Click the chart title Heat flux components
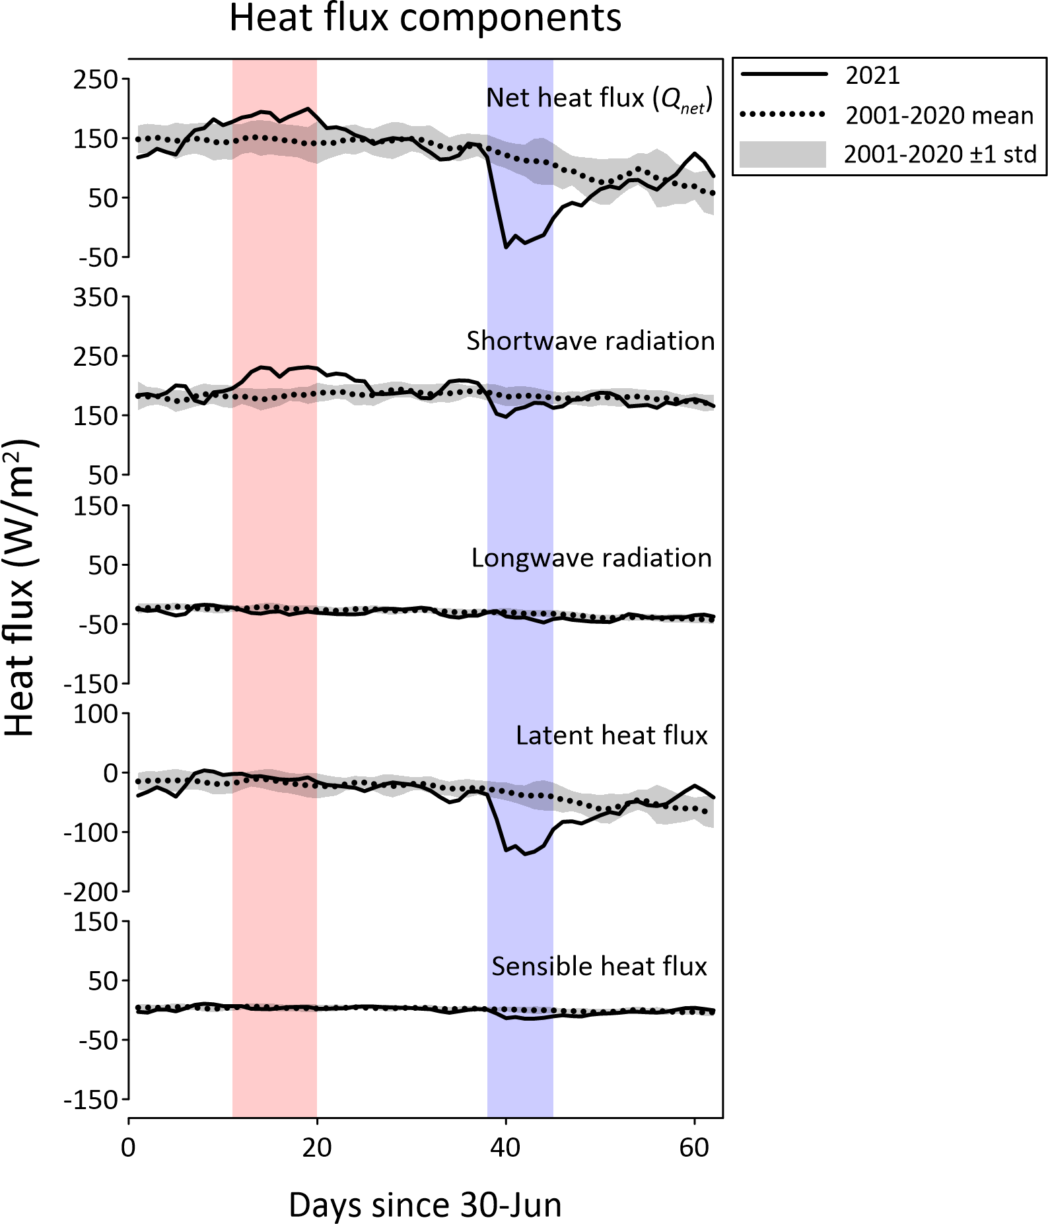(x=425, y=18)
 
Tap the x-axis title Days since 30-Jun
(x=425, y=1205)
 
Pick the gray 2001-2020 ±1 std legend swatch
(x=783, y=154)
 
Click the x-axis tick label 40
(x=505, y=1147)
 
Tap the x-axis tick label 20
(x=317, y=1147)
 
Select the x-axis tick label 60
(x=694, y=1147)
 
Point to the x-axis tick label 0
(x=128, y=1147)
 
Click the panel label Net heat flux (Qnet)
(x=599, y=98)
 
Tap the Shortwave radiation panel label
(x=590, y=341)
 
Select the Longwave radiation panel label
(x=591, y=558)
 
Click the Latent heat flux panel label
(x=611, y=735)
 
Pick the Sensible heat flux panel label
(x=599, y=966)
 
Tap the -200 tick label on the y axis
(x=90, y=892)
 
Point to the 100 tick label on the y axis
(x=95, y=714)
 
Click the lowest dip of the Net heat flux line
(x=506, y=248)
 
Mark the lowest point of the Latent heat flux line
(x=526, y=854)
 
